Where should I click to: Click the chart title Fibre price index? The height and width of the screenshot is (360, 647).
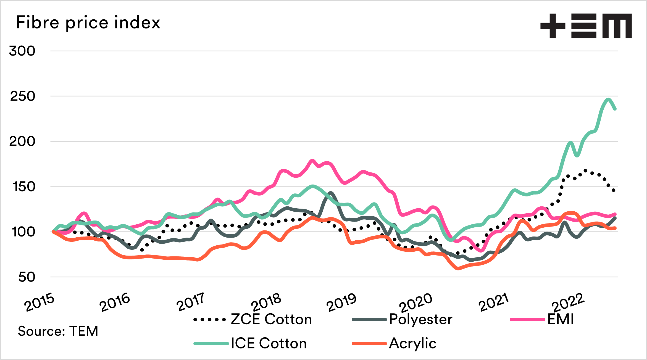pos(88,22)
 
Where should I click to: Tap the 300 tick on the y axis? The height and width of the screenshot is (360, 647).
pos(22,51)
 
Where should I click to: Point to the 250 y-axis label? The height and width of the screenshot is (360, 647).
pos(23,96)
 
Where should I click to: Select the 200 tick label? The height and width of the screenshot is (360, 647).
pos(22,141)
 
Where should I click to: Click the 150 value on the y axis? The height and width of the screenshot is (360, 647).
pos(24,187)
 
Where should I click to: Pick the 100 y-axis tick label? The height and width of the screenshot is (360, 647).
pos(23,232)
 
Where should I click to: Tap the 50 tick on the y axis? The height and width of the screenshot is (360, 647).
pos(27,277)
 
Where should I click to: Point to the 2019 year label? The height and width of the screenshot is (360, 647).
pos(342,302)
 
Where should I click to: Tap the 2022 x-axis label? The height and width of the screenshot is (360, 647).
pos(568,302)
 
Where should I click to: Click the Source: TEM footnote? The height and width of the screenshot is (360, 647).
pos(58,331)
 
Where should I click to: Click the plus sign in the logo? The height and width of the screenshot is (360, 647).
pos(553,26)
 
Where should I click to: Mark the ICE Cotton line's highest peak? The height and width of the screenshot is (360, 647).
pos(608,99)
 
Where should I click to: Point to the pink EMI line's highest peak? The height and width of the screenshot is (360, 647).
pos(312,161)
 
